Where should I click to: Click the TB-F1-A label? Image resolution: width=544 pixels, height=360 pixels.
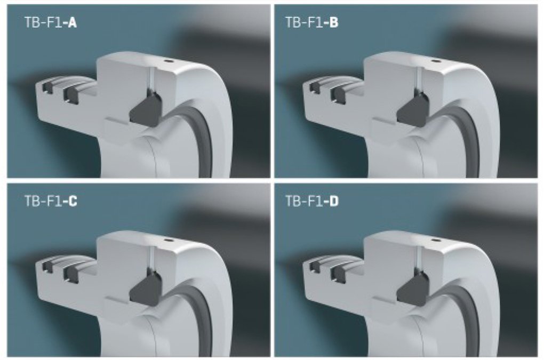[51, 23]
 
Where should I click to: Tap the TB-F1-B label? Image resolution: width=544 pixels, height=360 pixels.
[311, 23]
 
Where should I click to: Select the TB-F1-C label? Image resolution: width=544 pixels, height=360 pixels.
[51, 201]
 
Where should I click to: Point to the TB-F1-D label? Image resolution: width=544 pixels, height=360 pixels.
[311, 201]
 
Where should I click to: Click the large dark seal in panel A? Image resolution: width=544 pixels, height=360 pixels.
[146, 109]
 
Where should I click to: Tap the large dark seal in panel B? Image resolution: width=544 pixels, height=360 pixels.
[413, 109]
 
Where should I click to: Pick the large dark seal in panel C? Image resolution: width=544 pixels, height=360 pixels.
[146, 288]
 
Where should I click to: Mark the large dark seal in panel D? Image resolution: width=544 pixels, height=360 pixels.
[413, 288]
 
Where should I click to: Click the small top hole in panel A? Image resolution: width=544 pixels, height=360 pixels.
[168, 61]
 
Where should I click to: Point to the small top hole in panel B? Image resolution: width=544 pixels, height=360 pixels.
[435, 61]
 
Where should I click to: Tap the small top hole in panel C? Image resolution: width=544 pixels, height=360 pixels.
[168, 240]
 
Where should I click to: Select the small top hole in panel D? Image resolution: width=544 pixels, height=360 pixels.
[435, 240]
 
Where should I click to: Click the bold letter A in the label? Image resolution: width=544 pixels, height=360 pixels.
[73, 23]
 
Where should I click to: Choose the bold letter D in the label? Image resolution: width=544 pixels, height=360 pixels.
[334, 201]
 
